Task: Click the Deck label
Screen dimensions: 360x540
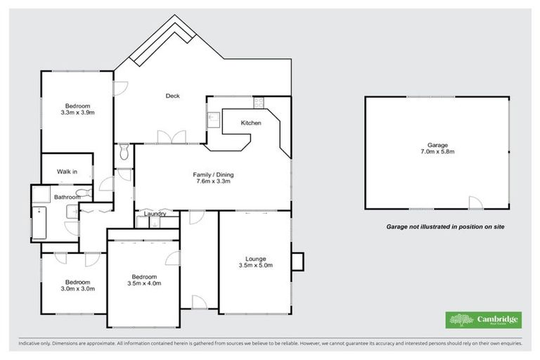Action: point(172,96)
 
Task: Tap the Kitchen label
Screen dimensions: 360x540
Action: point(251,123)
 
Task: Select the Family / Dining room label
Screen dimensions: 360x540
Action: point(213,174)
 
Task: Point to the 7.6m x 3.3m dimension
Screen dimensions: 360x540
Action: point(213,181)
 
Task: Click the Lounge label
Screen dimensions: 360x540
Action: point(255,257)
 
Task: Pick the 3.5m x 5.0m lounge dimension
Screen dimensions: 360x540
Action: point(255,265)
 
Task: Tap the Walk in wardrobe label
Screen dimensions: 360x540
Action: point(67,171)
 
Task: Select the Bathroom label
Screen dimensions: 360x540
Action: point(65,198)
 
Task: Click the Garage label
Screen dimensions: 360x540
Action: point(437,144)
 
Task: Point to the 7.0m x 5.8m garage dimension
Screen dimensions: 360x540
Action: point(437,151)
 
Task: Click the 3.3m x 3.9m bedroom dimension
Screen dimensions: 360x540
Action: point(78,112)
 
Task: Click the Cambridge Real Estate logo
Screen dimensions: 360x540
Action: point(484,320)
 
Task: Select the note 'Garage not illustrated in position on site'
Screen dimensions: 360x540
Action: point(445,227)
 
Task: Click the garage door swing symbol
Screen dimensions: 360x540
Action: point(476,204)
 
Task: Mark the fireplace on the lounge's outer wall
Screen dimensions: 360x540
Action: point(297,262)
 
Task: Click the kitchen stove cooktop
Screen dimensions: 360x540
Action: point(258,103)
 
